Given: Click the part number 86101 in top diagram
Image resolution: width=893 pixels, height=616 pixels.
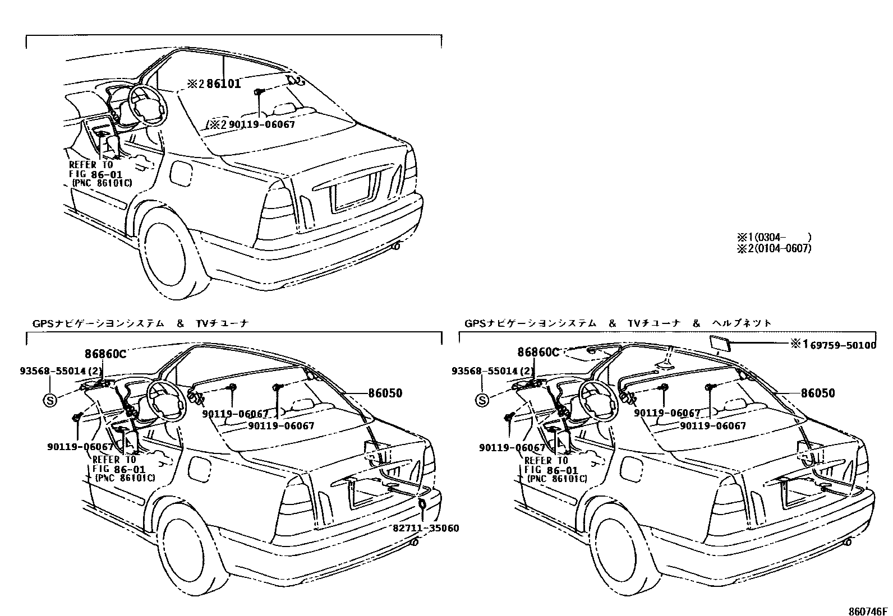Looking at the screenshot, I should [223, 85].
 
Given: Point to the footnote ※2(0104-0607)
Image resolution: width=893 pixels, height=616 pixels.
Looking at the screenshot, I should [774, 248].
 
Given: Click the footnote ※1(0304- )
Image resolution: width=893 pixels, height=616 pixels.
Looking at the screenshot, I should [774, 237].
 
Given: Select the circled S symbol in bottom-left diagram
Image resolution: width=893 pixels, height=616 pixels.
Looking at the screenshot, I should [50, 400].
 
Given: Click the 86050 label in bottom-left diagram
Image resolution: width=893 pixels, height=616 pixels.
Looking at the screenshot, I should [385, 393].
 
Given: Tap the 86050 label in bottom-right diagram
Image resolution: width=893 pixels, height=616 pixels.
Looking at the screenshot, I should [818, 393].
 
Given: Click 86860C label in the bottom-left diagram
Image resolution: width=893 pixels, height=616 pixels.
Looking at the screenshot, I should [105, 354].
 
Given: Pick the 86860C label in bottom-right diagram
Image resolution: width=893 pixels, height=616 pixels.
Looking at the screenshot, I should [538, 353].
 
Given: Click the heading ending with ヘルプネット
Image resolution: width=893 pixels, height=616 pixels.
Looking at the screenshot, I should [618, 323].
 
